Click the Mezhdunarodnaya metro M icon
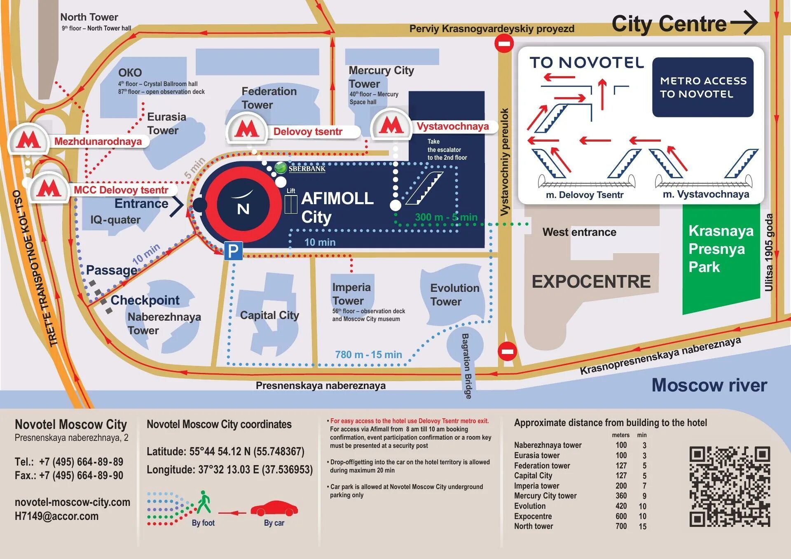(x=28, y=140)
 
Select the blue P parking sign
(x=233, y=251)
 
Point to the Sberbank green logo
(x=280, y=168)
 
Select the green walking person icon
(x=203, y=502)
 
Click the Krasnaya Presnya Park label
(x=721, y=249)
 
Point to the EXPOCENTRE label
(x=591, y=282)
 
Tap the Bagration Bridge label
(x=466, y=366)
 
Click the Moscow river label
(x=709, y=385)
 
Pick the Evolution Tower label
(x=454, y=294)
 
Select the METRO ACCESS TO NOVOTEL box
(x=703, y=87)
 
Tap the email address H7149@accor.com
(x=56, y=516)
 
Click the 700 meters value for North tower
(x=621, y=526)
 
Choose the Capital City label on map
(x=269, y=315)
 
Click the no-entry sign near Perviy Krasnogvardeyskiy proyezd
(x=504, y=43)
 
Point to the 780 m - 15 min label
(x=368, y=354)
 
